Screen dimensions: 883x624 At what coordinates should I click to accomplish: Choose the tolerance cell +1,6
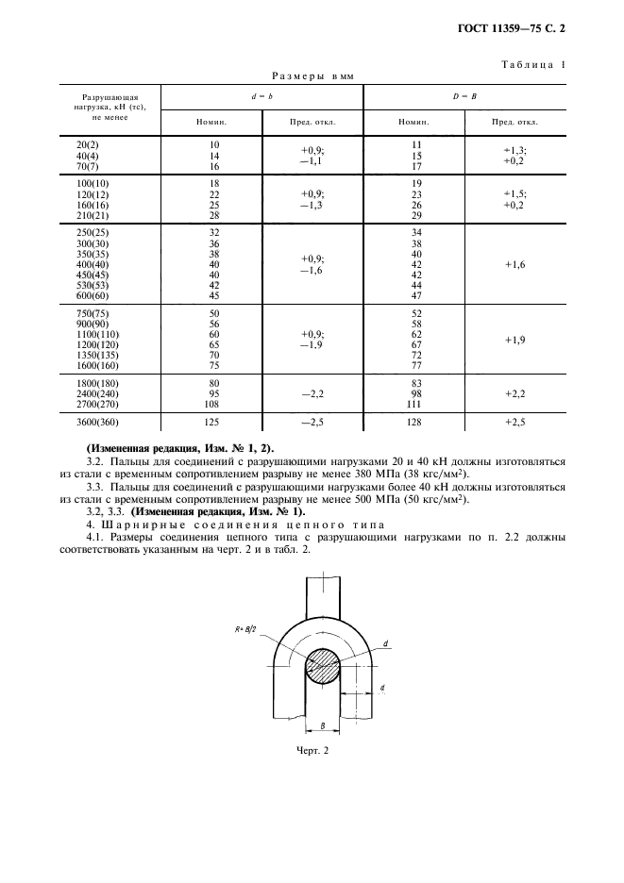[515, 265]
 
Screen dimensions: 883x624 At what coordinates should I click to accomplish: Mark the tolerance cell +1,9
[515, 339]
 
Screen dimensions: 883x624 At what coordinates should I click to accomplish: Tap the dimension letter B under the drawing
[324, 725]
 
